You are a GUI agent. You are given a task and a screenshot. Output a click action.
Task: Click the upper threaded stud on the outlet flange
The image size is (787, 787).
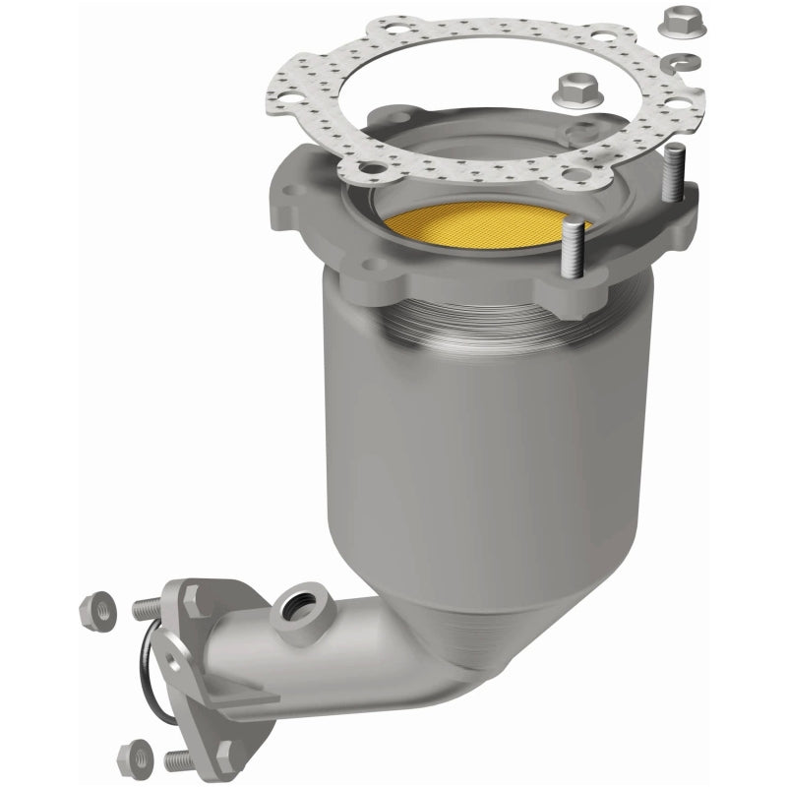pos(148,608)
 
